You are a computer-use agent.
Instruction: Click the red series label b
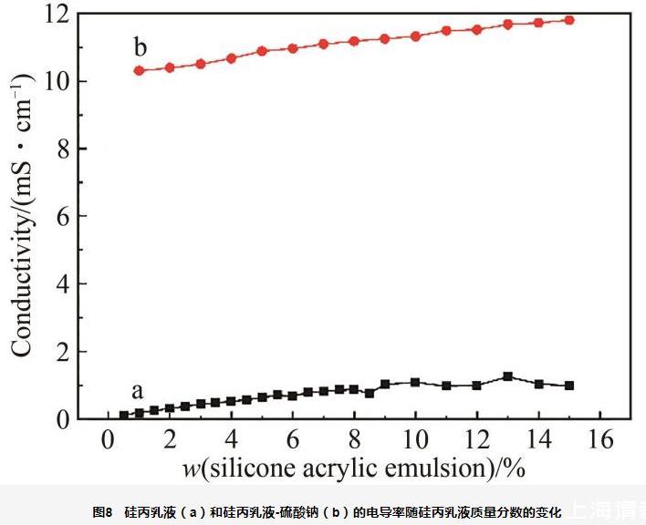tap(141, 47)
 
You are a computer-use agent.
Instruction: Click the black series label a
tap(137, 392)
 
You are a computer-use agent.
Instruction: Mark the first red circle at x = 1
tap(140, 70)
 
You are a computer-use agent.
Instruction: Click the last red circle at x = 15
tap(569, 19)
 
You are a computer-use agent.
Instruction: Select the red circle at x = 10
tap(416, 36)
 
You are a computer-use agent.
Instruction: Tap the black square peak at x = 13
tap(508, 376)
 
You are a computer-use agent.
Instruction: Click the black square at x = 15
tap(569, 386)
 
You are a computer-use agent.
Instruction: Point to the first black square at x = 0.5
tap(124, 416)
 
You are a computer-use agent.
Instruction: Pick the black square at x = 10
tap(416, 383)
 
